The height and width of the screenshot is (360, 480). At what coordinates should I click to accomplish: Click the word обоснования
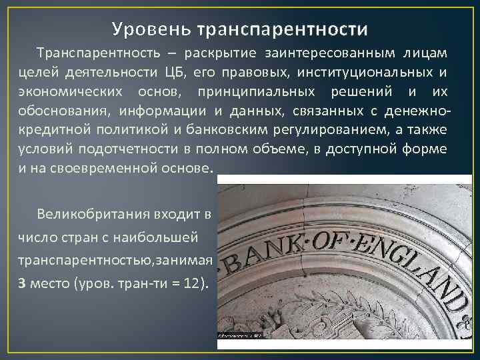point(59,111)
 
